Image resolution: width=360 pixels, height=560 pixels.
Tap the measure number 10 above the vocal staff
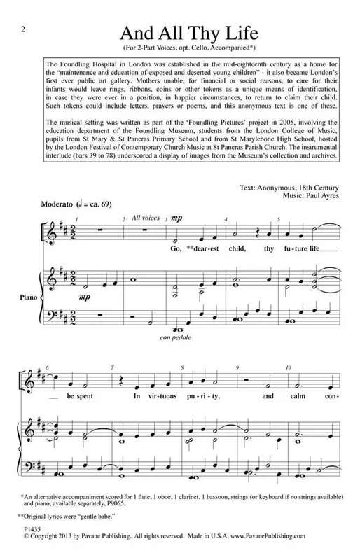[x=288, y=367]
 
